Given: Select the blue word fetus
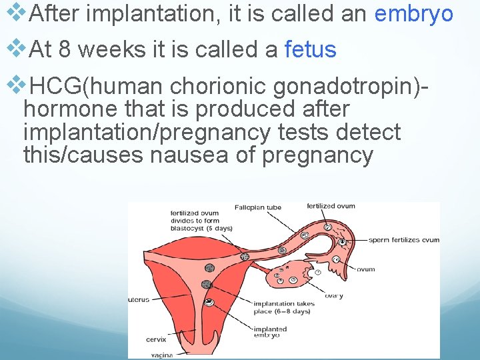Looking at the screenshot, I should point(310,49).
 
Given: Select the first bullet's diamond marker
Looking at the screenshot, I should point(15,13).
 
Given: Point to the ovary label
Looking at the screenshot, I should point(333,296).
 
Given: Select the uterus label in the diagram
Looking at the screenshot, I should point(139,300).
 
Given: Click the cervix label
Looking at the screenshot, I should point(156,339).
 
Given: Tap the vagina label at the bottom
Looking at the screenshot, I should point(161,355).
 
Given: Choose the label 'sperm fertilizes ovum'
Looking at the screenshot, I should point(403,240).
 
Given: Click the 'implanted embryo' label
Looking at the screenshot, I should point(270,332).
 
